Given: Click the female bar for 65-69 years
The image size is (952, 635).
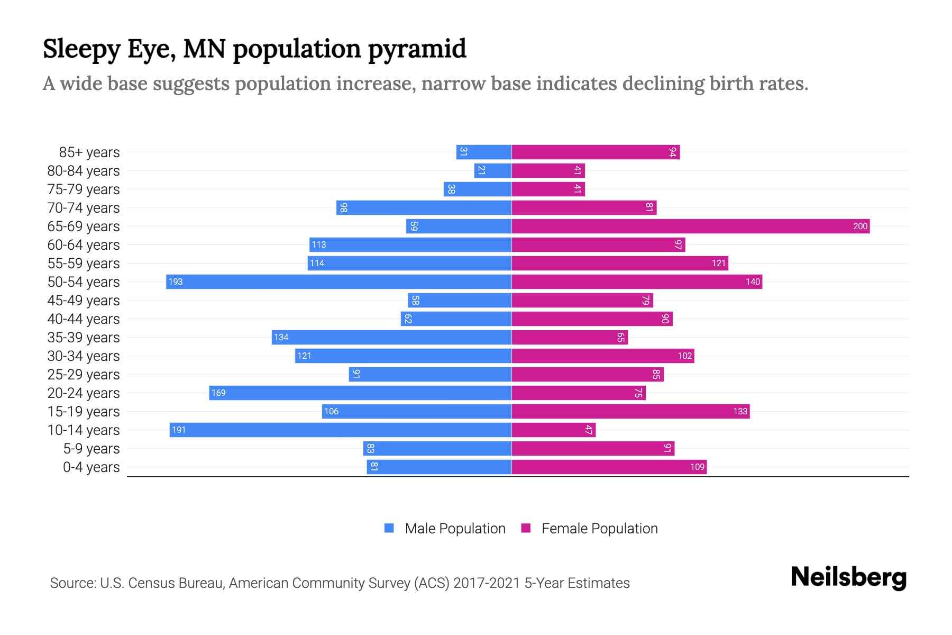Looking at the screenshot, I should click(x=690, y=226).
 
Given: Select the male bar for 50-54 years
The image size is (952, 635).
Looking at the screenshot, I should click(x=338, y=282).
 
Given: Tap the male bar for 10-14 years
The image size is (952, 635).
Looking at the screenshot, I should click(x=340, y=430).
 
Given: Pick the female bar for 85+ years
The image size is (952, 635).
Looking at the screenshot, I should click(x=595, y=152).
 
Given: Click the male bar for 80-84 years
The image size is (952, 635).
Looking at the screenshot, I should click(x=492, y=171).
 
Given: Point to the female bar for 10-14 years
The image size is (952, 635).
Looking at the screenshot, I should click(x=553, y=430).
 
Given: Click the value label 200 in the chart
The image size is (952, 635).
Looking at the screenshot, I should click(x=860, y=226).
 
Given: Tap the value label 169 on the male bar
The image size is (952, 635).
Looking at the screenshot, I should click(x=218, y=393).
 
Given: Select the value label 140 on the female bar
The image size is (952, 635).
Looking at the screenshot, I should click(x=753, y=282).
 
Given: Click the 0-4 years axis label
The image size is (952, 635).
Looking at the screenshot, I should click(x=91, y=467).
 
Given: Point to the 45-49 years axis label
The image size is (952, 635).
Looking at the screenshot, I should click(x=84, y=301).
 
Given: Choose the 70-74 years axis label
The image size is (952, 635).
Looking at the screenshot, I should click(x=84, y=208).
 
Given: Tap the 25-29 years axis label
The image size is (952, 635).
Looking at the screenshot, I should click(x=84, y=375).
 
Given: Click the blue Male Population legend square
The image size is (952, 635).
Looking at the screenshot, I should click(x=389, y=528).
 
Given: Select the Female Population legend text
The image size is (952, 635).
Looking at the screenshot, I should click(x=599, y=529).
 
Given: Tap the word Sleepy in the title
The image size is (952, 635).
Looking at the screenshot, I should click(x=81, y=49).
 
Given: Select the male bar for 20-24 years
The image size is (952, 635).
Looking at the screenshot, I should click(x=360, y=393).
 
